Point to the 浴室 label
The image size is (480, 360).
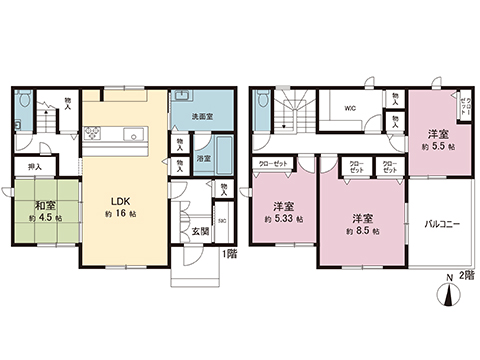point(202,158)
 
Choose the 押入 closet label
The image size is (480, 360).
point(34,167)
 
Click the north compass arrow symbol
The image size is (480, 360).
point(449,293)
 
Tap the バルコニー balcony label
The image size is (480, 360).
point(441,225)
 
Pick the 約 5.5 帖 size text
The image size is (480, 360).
point(438,146)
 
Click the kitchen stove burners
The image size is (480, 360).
point(93,134)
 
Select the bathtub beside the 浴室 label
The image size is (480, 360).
point(223,158)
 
